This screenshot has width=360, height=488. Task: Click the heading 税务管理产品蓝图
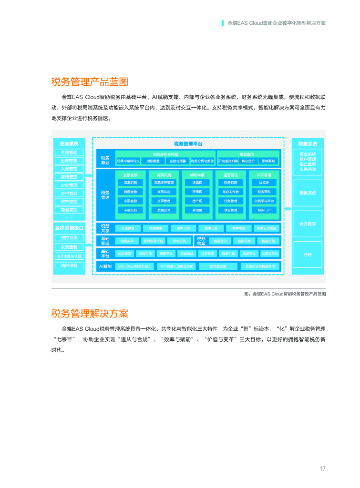(90, 81)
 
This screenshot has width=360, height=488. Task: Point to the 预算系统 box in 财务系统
(308, 193)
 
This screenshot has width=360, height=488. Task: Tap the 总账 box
(308, 254)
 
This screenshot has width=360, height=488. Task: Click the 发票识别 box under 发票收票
(130, 183)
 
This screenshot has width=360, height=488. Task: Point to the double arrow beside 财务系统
(288, 209)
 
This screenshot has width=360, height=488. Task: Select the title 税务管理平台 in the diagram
(188, 143)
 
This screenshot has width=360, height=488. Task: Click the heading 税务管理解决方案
(90, 314)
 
